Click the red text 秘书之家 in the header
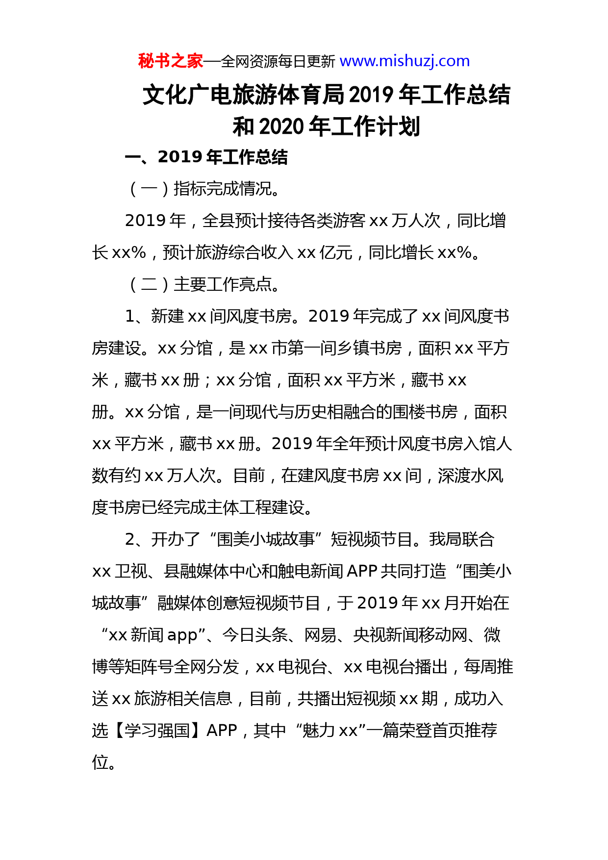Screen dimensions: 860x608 [x=170, y=61]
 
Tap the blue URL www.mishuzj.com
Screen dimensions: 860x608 [x=405, y=61]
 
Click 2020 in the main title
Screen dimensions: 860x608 [x=281, y=126]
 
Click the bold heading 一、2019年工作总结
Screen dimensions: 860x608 [x=206, y=157]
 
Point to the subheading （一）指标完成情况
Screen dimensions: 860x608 [x=203, y=189]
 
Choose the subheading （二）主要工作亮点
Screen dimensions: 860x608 [x=203, y=284]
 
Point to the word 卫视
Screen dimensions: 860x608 [x=131, y=571]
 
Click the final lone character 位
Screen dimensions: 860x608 [x=100, y=762]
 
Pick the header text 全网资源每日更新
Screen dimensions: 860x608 [x=278, y=62]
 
